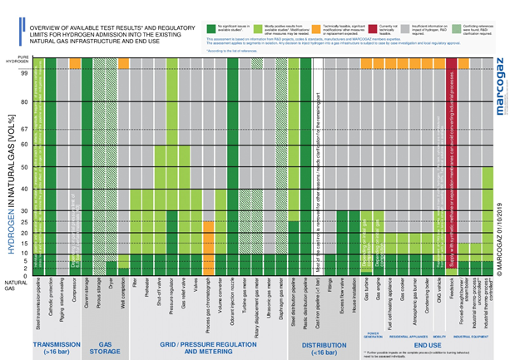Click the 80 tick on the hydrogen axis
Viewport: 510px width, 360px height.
25,102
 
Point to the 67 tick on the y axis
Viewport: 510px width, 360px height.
25,129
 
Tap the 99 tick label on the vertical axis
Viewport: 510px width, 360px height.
25,73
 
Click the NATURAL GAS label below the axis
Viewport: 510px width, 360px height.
15,285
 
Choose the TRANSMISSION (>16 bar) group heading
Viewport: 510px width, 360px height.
56,345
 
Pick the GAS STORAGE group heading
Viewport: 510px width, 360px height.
106,345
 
